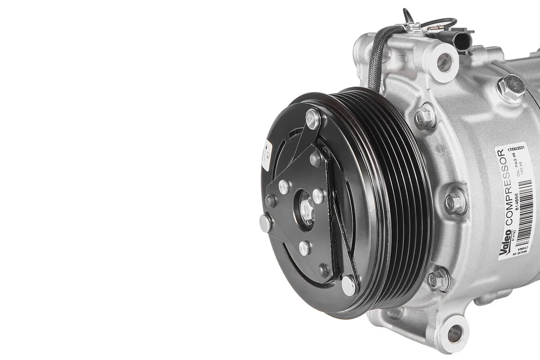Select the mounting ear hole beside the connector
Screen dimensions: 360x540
point(444,62)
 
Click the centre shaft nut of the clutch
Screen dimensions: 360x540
point(308,209)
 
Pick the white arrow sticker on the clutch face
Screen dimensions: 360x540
point(266,155)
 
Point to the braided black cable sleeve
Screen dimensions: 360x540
point(377,58)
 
